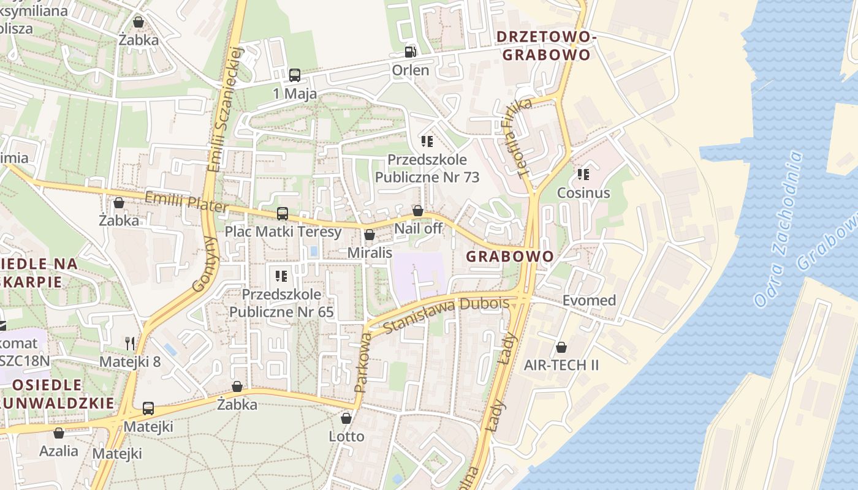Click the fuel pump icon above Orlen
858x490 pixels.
[410, 52]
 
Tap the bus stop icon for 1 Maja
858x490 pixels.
[295, 75]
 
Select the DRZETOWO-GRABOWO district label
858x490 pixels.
[546, 46]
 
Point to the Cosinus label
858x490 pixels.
[583, 193]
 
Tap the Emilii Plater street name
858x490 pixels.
[186, 202]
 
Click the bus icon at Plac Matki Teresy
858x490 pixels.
[282, 214]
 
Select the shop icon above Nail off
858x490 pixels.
[418, 211]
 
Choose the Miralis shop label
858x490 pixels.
[370, 252]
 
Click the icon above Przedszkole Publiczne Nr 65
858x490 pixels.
[281, 276]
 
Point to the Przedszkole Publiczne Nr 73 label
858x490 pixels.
[427, 168]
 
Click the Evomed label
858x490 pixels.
[589, 300]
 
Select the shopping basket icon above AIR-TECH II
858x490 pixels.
[561, 347]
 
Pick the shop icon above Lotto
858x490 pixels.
[346, 418]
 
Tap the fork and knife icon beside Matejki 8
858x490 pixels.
[129, 343]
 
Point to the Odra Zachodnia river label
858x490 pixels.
[779, 229]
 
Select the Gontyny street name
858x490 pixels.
[205, 263]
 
